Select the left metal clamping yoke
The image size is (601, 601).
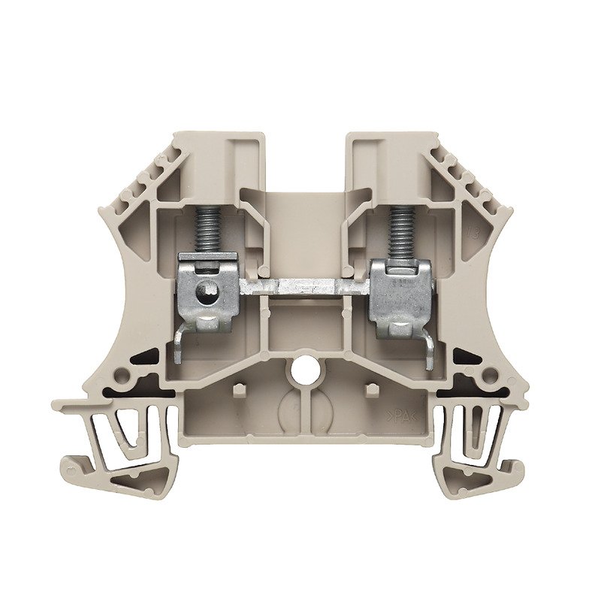[207, 289]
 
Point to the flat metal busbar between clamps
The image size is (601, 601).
[304, 286]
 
